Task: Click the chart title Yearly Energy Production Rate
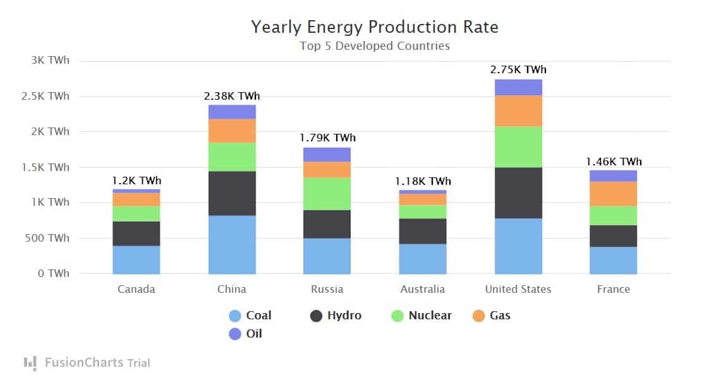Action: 375,27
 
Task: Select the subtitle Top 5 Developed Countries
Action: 375,46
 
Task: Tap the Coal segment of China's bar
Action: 232,245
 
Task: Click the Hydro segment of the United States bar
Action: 518,193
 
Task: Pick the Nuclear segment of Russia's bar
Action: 327,194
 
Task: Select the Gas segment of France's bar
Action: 613,194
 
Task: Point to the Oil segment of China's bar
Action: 232,112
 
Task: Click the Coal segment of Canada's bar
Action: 137,260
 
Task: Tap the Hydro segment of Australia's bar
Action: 423,231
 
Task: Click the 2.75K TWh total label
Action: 518,69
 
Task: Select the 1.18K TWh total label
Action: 423,181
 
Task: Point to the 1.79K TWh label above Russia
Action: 327,138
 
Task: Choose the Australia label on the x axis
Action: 423,289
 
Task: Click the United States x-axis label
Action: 518,289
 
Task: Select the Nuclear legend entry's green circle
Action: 398,316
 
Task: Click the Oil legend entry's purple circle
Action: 235,334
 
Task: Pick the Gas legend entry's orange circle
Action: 478,316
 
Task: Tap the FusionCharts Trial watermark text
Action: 97,363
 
